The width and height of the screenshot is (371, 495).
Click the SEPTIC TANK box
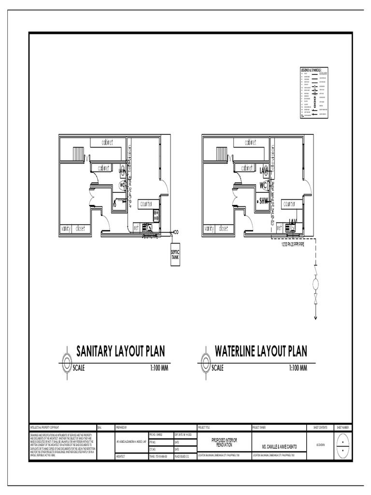(x=175, y=257)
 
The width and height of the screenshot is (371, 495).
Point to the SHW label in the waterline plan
(x=264, y=201)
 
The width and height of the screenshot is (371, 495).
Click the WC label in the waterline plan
(x=263, y=185)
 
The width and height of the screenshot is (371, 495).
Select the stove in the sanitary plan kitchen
(x=157, y=215)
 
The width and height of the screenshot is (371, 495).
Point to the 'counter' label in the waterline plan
(x=289, y=204)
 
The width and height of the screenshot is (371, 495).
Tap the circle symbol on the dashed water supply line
(x=315, y=283)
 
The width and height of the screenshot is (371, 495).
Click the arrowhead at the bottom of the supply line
(x=315, y=317)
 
